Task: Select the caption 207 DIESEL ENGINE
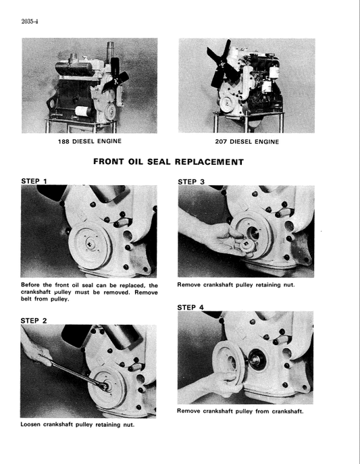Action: (x=246, y=142)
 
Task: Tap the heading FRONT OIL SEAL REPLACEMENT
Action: (x=168, y=162)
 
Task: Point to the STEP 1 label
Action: (x=36, y=182)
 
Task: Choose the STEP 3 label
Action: (x=192, y=182)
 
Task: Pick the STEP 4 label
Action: (x=192, y=307)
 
